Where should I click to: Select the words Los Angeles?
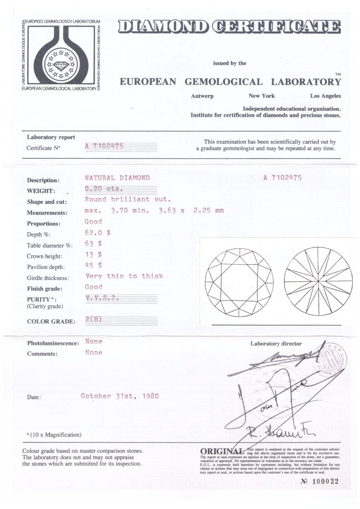click(x=325, y=96)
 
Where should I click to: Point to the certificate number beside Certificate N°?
click(x=104, y=146)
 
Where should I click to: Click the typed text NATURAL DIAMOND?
click(x=117, y=178)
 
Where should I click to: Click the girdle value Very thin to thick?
click(x=124, y=276)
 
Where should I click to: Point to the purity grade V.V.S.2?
click(x=101, y=298)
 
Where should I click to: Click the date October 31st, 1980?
click(x=119, y=396)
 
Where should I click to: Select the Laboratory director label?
click(x=276, y=344)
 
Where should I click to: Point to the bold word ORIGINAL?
click(x=220, y=451)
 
